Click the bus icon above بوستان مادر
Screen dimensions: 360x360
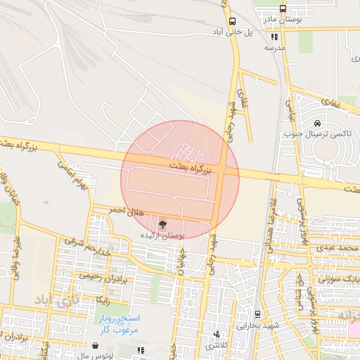283,9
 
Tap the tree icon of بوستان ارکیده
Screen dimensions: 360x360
163,225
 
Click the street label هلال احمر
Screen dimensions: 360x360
109,210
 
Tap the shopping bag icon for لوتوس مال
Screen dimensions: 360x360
95,346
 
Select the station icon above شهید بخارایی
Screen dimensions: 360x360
257,314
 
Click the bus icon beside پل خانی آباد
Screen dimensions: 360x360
232,21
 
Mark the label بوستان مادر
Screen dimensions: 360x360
281,20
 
